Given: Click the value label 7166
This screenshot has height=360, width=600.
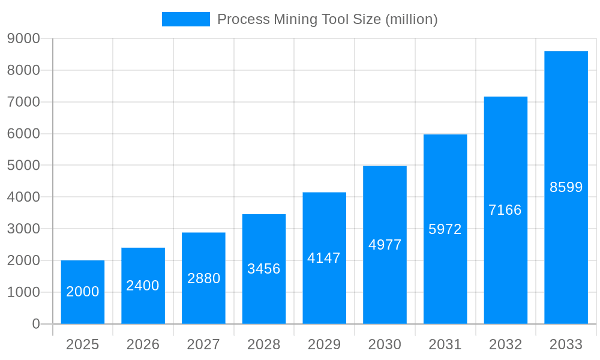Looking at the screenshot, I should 505,210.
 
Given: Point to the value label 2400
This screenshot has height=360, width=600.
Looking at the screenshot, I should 143,286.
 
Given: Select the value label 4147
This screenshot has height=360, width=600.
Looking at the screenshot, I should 324,258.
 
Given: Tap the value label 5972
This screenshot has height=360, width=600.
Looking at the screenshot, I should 445,229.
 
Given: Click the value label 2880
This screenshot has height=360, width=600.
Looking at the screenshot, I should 204,278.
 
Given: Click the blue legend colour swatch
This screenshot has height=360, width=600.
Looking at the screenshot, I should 186,19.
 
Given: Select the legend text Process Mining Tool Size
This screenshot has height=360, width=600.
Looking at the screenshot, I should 327,19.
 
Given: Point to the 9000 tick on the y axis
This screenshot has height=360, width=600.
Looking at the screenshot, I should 23,38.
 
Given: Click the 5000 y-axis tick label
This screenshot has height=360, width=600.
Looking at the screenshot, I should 23,165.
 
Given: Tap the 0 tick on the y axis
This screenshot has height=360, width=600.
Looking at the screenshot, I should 36,324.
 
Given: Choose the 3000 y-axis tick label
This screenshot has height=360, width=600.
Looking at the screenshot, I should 23,229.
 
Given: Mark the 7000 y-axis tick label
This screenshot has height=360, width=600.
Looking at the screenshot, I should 23,102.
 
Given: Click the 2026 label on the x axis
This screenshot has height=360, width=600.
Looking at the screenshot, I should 143,344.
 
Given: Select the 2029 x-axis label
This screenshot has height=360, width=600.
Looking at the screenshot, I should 324,344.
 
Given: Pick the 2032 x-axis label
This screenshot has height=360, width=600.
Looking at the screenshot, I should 505,344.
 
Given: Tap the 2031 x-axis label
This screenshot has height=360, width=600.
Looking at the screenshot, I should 445,344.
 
